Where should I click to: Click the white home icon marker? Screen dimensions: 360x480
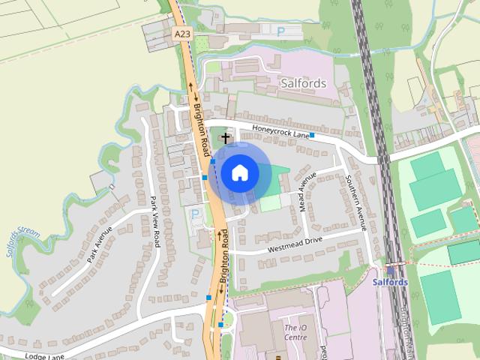click(x=239, y=173)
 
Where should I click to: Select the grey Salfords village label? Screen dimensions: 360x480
click(x=303, y=83)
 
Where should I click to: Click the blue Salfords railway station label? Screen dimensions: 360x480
click(x=390, y=282)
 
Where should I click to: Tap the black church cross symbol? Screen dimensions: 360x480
click(x=226, y=139)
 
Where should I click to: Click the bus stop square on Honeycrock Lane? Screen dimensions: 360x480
click(x=312, y=136)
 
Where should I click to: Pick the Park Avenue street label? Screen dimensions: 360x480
click(x=99, y=244)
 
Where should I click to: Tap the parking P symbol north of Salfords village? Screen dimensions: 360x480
click(x=280, y=32)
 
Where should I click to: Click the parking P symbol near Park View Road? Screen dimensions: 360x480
click(x=195, y=214)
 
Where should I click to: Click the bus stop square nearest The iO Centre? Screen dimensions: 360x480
click(x=221, y=324)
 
